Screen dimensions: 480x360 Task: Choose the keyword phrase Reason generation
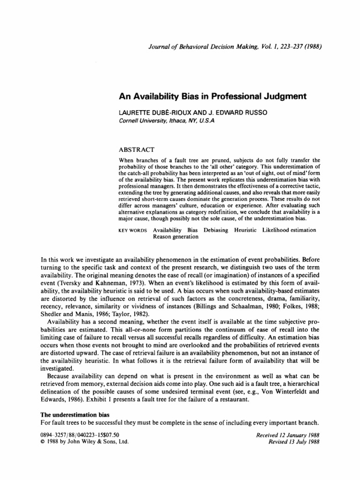coord(176,237)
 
